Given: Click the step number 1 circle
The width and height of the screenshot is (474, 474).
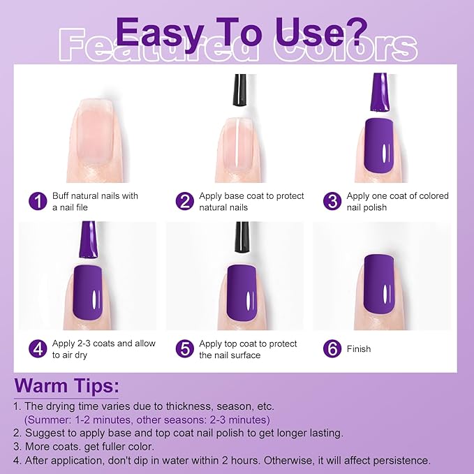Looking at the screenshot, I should [x=38, y=202].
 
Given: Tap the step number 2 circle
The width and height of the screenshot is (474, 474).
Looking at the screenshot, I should [x=184, y=202].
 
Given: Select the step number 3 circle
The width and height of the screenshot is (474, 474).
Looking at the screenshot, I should [x=332, y=202].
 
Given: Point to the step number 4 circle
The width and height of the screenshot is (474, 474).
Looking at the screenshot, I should [x=38, y=349].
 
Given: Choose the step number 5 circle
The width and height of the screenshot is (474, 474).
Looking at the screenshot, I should [x=184, y=349].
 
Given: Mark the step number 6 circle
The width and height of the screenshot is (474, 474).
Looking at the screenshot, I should [x=332, y=349].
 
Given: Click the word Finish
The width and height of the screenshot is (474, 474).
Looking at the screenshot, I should [x=359, y=349].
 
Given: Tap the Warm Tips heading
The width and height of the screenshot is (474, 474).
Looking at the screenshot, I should [x=67, y=385].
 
